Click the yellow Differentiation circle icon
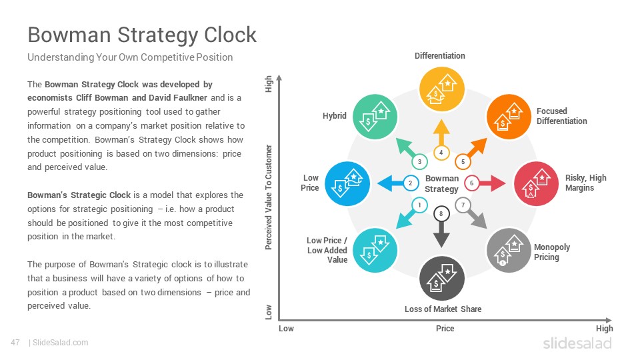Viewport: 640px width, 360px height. pyautogui.click(x=441, y=89)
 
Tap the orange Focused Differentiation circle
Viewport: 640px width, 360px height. pyautogui.click(x=509, y=117)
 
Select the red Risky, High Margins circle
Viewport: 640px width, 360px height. pyautogui.click(x=536, y=184)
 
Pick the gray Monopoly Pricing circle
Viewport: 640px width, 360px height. pyautogui.click(x=509, y=250)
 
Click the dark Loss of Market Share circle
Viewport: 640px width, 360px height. pyautogui.click(x=441, y=279)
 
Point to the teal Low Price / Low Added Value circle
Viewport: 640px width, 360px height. pyautogui.click(x=375, y=250)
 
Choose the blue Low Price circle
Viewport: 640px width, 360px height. pyautogui.click(x=347, y=184)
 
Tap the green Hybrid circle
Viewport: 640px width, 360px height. pyautogui.click(x=375, y=117)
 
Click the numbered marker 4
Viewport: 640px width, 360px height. pyautogui.click(x=441, y=153)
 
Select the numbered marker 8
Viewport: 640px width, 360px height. pyautogui.click(x=441, y=213)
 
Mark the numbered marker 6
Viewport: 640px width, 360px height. pyautogui.click(x=471, y=183)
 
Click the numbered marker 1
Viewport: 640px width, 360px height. pyautogui.click(x=419, y=205)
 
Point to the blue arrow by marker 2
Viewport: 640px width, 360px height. pyautogui.click(x=391, y=183)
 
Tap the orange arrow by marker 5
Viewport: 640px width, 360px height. pyautogui.click(x=476, y=148)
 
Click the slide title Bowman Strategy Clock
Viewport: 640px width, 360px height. pyautogui.click(x=142, y=35)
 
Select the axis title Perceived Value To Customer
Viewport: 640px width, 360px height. pyautogui.click(x=268, y=197)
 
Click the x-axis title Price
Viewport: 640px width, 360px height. pyautogui.click(x=445, y=328)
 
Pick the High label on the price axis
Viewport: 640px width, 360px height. pyautogui.click(x=604, y=329)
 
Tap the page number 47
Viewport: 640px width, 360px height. pyautogui.click(x=15, y=343)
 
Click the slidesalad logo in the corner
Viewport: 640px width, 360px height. pyautogui.click(x=577, y=343)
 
